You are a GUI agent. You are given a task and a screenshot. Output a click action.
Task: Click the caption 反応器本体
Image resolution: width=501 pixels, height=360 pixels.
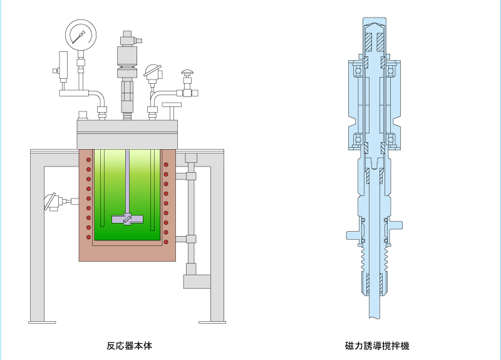[x=130, y=346]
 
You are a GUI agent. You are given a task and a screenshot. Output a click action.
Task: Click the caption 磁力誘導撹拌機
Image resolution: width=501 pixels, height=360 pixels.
[x=377, y=346]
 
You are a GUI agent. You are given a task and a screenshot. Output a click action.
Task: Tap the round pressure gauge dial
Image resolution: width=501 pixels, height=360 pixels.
[x=81, y=35]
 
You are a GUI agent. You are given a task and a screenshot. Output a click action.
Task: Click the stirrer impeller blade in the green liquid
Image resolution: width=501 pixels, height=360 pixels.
[x=127, y=220]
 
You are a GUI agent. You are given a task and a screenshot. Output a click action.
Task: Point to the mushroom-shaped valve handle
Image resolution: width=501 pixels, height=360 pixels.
[x=187, y=72]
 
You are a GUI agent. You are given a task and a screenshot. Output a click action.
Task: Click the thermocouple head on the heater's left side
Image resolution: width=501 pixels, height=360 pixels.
[x=51, y=202]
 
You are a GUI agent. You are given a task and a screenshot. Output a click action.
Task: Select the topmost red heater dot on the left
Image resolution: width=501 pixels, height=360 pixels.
[x=88, y=160]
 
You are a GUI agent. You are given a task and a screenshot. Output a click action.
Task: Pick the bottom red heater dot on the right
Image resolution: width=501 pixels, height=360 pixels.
[x=166, y=242]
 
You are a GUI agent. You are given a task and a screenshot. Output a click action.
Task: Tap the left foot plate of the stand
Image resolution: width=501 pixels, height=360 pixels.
[x=42, y=322]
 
